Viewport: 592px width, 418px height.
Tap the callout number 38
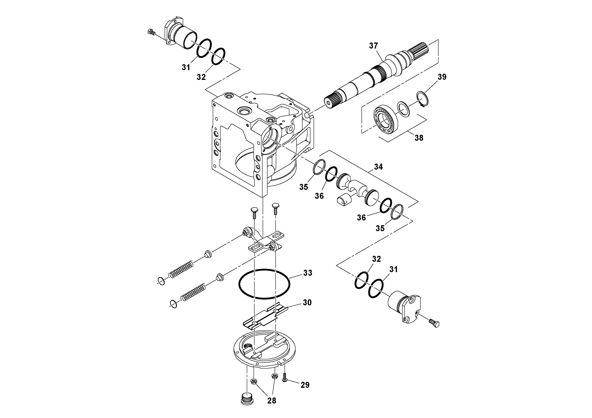coord(419,138)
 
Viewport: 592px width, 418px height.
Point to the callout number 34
coord(378,167)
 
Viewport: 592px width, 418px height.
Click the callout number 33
coord(308,273)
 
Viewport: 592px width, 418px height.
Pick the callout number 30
coord(307,302)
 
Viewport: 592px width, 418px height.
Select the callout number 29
coord(305,385)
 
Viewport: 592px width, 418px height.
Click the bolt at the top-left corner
coord(151,32)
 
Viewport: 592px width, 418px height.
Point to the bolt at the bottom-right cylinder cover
coord(435,323)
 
